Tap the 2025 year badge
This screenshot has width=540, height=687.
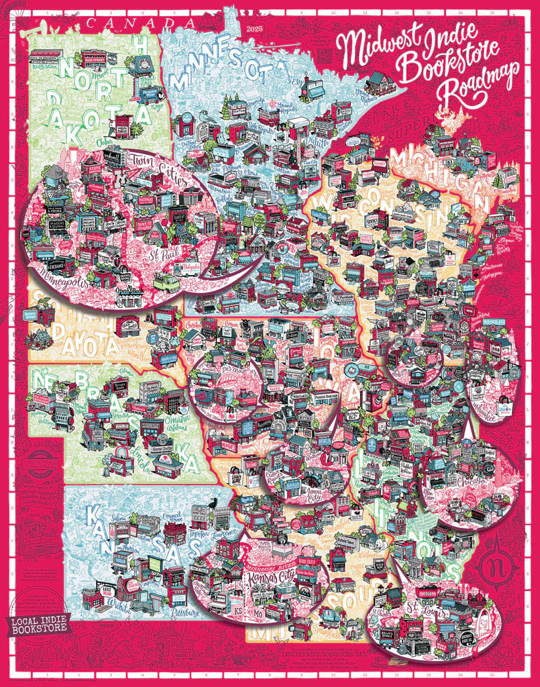coord(256,29)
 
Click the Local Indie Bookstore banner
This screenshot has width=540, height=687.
coord(40,623)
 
